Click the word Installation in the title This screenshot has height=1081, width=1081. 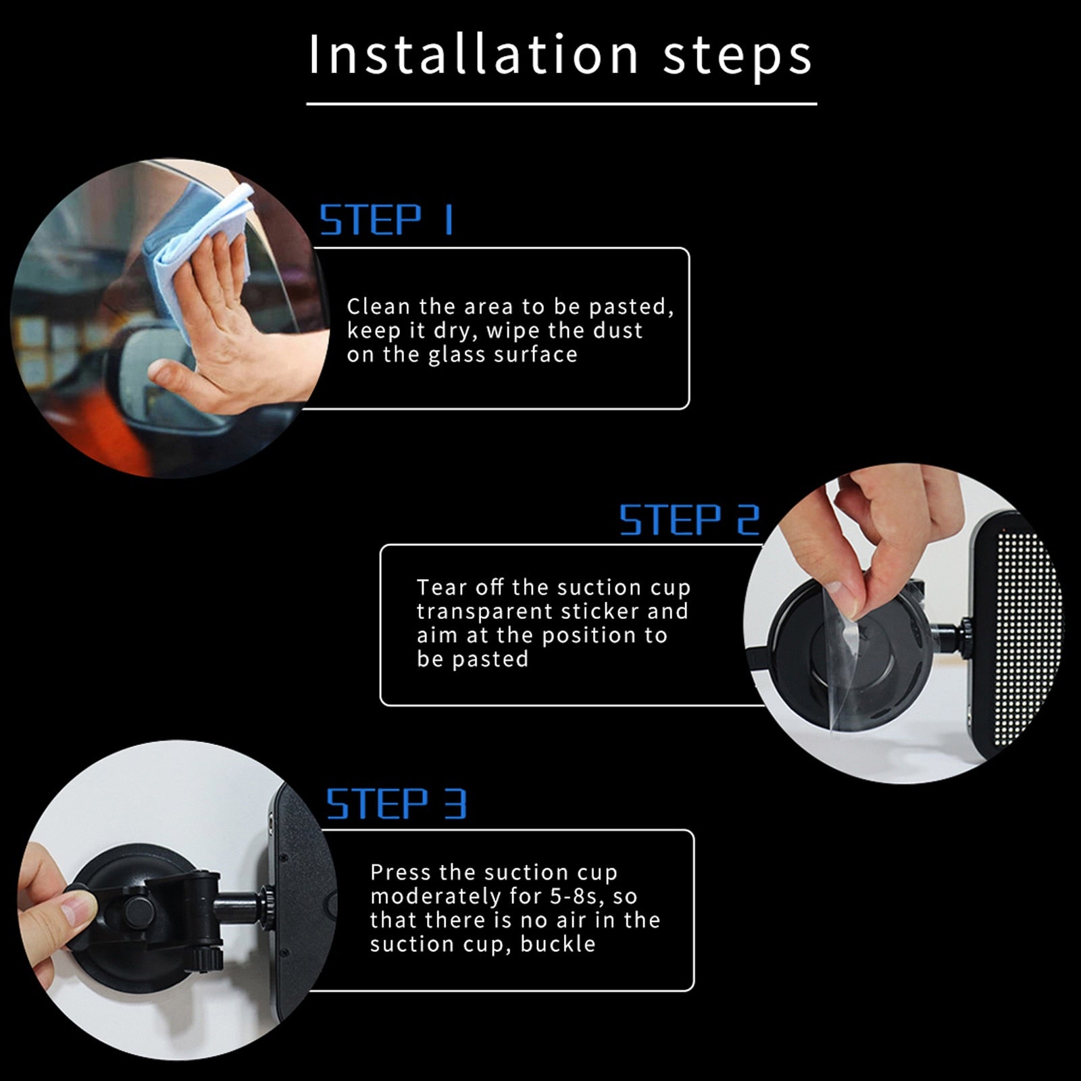(473, 54)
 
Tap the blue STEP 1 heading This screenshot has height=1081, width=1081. (386, 220)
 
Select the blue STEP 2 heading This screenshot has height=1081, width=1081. (690, 520)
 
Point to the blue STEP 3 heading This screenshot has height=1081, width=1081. (397, 803)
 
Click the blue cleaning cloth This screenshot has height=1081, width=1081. (203, 236)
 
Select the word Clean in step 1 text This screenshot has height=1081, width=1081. (378, 307)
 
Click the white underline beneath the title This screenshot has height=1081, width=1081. (561, 104)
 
